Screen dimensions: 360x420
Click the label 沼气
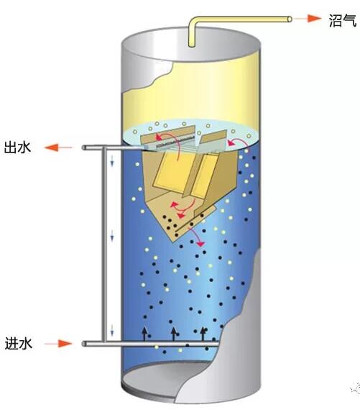coord(342,20)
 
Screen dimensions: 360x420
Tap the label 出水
coord(18,147)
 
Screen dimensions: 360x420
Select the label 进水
coord(19,343)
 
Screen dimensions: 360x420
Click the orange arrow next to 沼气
coord(308,19)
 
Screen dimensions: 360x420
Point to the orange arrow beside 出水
coord(58,147)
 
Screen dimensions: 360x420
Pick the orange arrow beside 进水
coord(58,343)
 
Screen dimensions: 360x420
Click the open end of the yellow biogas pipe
coord(290,19)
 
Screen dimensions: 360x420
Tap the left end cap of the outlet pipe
coord(84,147)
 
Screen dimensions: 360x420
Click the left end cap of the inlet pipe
coord(84,344)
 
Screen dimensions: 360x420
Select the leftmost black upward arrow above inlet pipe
coord(144,334)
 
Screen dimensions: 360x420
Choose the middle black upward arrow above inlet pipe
coord(173,334)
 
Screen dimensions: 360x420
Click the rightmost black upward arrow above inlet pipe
coord(203,334)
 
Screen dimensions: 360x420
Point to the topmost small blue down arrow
coord(112,161)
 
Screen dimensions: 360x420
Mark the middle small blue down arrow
coord(112,235)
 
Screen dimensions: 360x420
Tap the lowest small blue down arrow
coord(112,330)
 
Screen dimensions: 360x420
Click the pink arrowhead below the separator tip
coord(200,244)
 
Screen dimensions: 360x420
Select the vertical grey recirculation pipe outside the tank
coord(103,245)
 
